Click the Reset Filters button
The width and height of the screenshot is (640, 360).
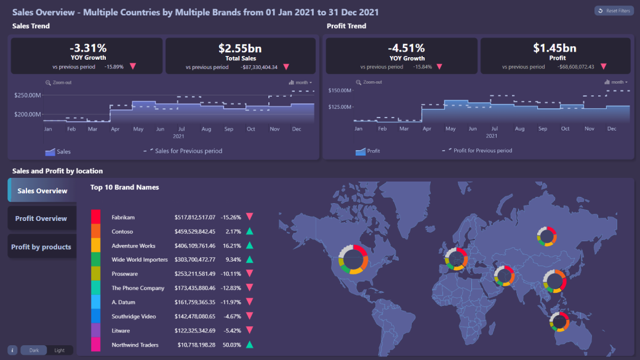click(x=614, y=11)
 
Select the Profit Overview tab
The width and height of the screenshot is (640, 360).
click(x=41, y=218)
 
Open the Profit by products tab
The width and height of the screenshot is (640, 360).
click(x=41, y=247)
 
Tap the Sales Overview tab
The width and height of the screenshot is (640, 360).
click(x=42, y=191)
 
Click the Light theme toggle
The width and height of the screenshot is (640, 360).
click(x=60, y=350)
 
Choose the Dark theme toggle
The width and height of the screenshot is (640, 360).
click(x=34, y=350)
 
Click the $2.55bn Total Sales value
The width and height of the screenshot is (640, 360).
click(x=241, y=48)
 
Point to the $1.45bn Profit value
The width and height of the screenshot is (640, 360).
click(x=555, y=48)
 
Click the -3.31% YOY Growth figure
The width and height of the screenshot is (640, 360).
click(x=87, y=48)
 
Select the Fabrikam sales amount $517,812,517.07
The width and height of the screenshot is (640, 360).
click(x=195, y=217)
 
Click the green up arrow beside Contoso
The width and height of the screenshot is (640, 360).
click(x=249, y=231)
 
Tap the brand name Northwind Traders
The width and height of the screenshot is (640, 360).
click(x=135, y=345)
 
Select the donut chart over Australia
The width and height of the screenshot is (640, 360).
click(x=559, y=321)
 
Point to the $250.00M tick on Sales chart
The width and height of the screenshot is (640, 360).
click(x=28, y=95)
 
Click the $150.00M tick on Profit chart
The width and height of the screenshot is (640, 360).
click(x=340, y=90)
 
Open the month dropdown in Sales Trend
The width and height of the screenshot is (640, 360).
click(x=301, y=82)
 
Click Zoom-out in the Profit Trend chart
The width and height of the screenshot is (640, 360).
click(x=369, y=82)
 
